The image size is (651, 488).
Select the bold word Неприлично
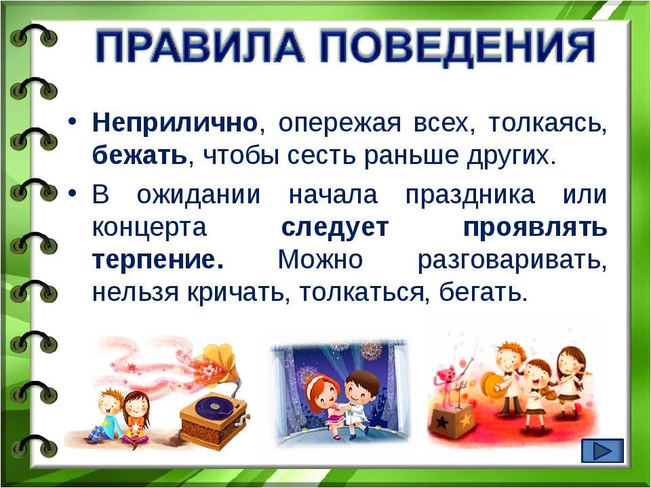pos(175,123)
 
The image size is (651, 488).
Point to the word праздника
pos(470,195)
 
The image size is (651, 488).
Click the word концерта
pos(149,228)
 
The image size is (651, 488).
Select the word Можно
pos(320,260)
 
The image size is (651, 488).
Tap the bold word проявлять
pos(535,228)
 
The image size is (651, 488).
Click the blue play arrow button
pos(602,450)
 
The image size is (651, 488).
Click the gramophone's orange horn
pos(220,361)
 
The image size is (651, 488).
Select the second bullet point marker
pos(73,193)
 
